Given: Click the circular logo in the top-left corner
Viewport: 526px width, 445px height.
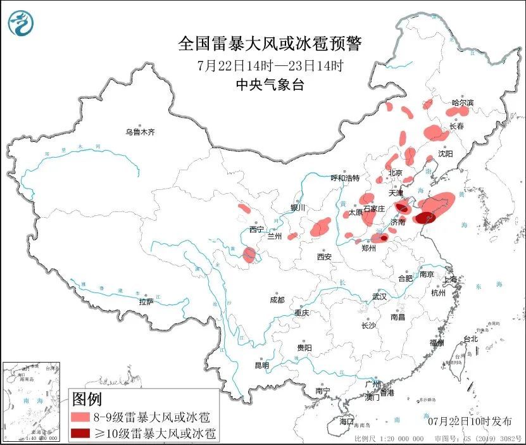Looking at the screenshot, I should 21,23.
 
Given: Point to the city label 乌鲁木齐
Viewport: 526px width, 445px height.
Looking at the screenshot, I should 139,132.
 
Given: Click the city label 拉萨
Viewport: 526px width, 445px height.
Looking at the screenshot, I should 146,302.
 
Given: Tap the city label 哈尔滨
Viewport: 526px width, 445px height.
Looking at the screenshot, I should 463,103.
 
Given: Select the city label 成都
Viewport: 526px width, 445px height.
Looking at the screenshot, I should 277,299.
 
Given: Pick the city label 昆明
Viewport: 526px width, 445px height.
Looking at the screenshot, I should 261,365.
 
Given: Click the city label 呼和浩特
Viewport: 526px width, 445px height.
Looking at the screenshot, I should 346,178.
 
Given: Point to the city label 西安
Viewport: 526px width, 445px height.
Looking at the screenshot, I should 325,256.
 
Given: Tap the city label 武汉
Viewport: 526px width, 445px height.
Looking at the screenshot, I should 380,296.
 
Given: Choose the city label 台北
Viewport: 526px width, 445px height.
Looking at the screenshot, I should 470,339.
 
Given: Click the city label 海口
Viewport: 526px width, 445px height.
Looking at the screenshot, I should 346,421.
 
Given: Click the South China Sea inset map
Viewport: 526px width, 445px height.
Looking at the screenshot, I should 32,401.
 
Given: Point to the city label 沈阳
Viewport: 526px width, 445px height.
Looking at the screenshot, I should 446,154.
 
